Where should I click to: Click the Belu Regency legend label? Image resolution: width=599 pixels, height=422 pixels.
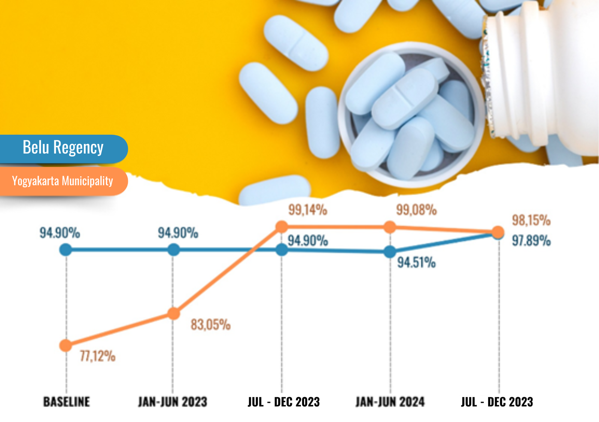click(x=63, y=147)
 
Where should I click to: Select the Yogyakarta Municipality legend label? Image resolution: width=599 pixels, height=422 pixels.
click(x=62, y=181)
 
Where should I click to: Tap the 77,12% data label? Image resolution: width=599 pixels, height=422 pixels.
click(x=97, y=356)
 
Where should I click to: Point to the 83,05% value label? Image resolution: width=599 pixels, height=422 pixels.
click(x=210, y=324)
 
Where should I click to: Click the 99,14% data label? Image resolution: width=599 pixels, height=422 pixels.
click(x=307, y=210)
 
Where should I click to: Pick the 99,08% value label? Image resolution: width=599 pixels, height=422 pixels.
click(x=416, y=210)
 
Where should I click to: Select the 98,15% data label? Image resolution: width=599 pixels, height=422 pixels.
click(x=531, y=220)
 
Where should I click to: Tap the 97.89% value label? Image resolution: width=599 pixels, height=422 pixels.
click(x=531, y=241)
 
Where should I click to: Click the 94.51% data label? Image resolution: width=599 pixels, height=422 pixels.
click(x=416, y=263)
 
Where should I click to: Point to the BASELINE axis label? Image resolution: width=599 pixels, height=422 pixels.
click(x=67, y=402)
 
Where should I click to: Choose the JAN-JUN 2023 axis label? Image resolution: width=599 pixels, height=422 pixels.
click(x=173, y=402)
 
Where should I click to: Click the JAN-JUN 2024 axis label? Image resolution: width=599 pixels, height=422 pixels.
click(x=390, y=402)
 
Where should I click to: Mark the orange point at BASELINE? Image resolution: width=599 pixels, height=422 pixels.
click(x=66, y=345)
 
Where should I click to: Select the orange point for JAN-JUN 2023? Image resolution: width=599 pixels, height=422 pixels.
click(x=173, y=314)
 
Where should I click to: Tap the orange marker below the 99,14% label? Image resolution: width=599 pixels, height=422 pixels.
click(x=282, y=226)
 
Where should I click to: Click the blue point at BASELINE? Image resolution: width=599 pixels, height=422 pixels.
click(x=66, y=250)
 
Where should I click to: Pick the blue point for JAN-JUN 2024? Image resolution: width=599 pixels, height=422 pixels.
click(x=390, y=252)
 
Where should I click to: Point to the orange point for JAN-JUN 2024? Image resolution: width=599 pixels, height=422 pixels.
click(x=390, y=227)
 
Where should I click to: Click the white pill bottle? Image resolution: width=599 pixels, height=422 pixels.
click(x=543, y=75)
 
